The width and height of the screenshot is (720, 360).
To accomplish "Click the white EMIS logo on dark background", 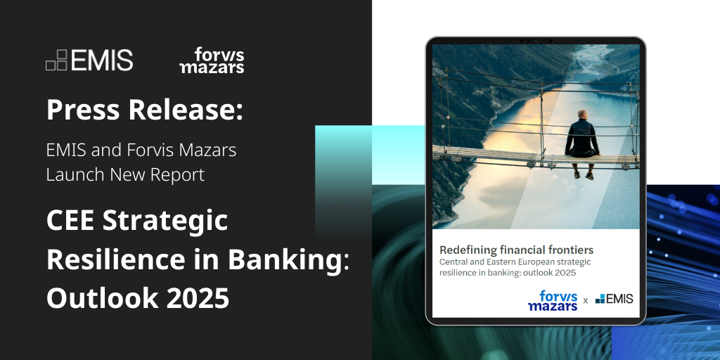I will (x=89, y=60).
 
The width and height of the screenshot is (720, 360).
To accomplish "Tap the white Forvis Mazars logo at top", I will (x=212, y=61).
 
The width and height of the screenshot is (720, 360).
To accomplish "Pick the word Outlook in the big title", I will (x=97, y=298).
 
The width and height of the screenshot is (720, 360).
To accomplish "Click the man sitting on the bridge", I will (x=582, y=141).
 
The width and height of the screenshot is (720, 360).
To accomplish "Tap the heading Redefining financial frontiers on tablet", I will (x=516, y=250).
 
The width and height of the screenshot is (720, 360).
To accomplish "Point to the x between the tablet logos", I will (x=585, y=301).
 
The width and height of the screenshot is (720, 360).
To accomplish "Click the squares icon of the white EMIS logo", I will (x=56, y=60).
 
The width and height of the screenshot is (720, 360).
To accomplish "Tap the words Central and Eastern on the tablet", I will (x=485, y=262).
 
